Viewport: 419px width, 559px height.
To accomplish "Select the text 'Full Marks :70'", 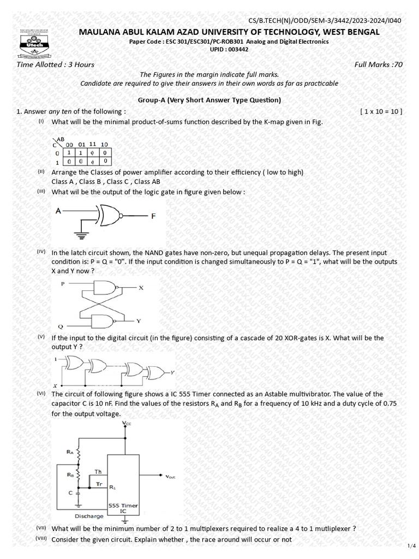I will (x=378, y=64).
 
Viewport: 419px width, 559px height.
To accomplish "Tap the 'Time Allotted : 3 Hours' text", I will (x=56, y=64).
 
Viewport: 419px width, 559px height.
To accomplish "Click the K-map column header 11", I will (x=93, y=144).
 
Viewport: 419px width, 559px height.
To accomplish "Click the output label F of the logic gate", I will (x=153, y=216).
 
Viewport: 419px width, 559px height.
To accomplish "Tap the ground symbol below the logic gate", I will (x=82, y=236).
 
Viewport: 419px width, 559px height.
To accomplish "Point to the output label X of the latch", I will (x=141, y=288).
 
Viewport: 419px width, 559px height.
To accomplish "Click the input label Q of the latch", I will (x=61, y=326).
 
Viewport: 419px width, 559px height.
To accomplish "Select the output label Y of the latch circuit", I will (x=139, y=320).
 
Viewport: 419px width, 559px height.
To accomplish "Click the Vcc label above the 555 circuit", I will (x=127, y=423).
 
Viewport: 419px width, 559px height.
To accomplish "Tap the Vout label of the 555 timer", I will (x=175, y=476).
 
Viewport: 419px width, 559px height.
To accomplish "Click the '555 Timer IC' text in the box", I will (x=123, y=508).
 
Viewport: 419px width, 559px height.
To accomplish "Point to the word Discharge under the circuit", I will (x=89, y=516).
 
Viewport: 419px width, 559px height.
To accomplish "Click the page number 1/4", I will (x=411, y=545).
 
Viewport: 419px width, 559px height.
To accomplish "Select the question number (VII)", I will (x=41, y=528).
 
